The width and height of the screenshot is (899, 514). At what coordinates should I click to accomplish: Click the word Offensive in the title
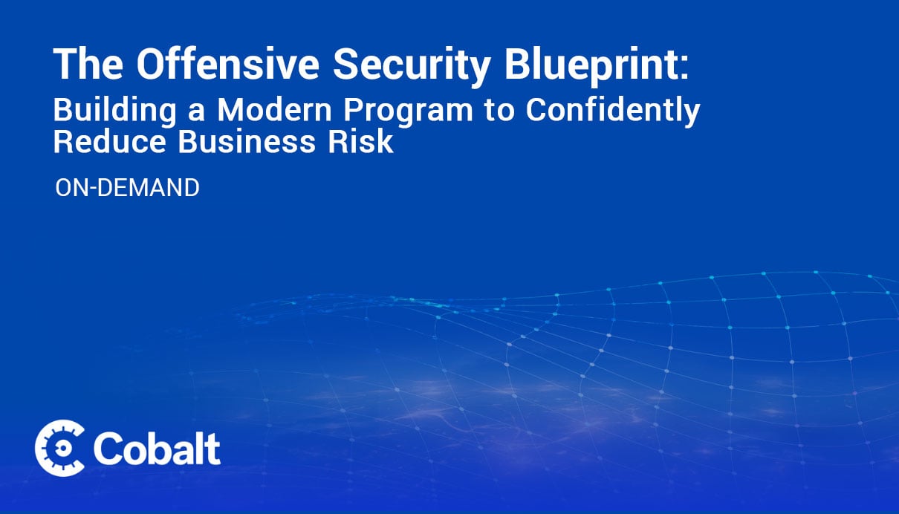tap(227, 64)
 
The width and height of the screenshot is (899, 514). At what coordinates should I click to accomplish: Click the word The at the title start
tap(88, 64)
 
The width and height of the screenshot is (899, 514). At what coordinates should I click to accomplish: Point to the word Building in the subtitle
tap(114, 111)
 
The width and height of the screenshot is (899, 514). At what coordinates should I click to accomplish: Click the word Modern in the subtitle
tap(274, 110)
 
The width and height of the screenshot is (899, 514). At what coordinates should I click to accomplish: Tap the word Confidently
tap(613, 111)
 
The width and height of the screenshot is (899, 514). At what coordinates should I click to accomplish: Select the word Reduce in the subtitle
tap(109, 142)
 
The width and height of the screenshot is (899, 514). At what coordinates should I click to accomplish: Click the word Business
tap(247, 142)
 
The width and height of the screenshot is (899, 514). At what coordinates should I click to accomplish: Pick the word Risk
tap(361, 142)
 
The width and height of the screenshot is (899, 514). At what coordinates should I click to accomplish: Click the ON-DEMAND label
tap(127, 188)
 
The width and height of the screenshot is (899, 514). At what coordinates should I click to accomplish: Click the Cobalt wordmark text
tap(157, 449)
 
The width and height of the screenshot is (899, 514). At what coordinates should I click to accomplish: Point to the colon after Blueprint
tap(684, 69)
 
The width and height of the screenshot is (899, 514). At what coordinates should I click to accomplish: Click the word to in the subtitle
tap(499, 111)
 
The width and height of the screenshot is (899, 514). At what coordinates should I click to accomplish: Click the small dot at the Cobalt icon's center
tap(62, 449)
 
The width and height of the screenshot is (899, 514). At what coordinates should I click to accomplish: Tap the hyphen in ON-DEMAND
tap(92, 189)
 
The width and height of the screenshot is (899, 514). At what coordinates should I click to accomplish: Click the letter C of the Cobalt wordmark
tap(107, 449)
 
